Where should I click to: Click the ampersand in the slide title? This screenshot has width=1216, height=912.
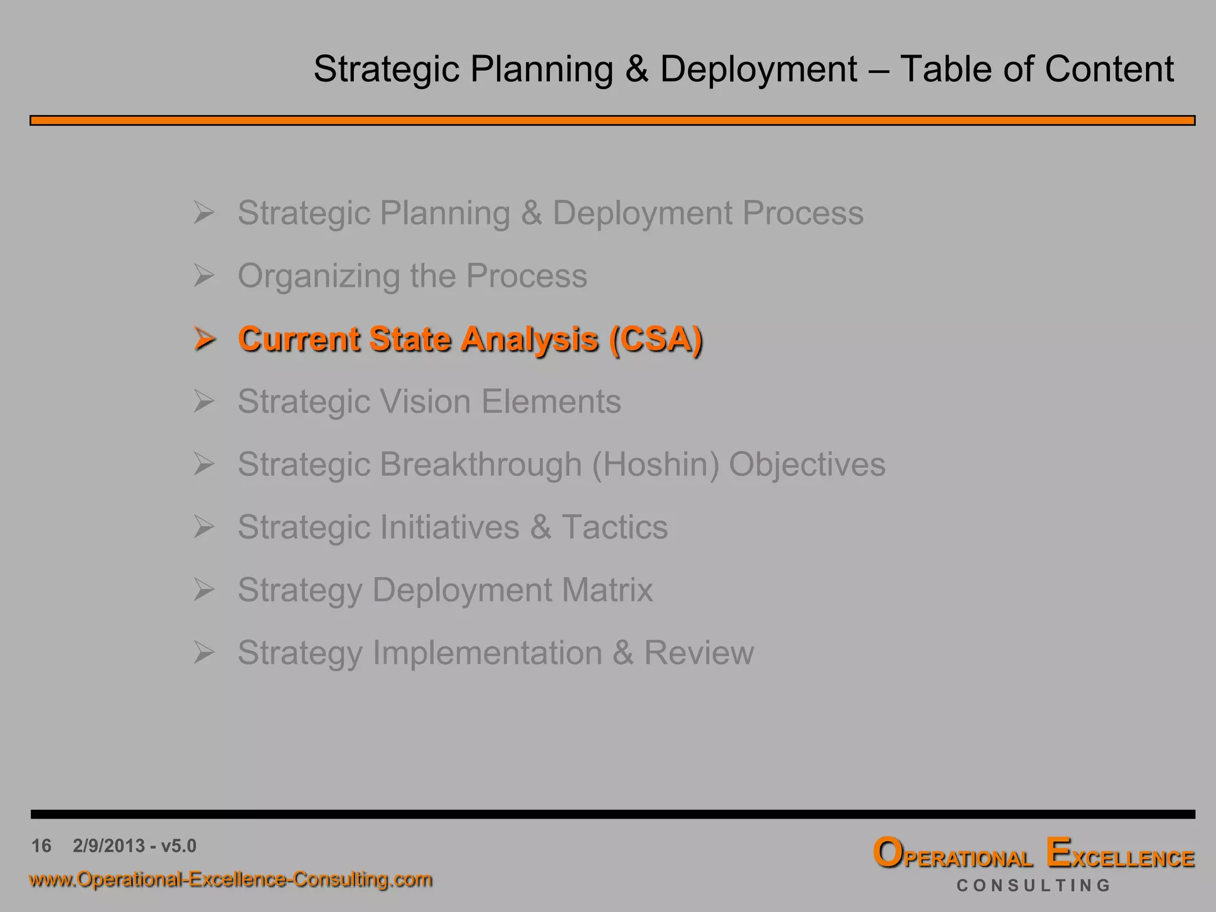coord(636,69)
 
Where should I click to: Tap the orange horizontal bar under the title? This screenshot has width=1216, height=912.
coord(612,121)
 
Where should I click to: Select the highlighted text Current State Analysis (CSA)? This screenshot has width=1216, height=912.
coord(470,339)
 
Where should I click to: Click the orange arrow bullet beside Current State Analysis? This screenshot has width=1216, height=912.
coord(204,339)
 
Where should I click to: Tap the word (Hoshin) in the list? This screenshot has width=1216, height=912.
coord(655,464)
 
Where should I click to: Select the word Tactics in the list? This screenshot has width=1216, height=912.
coord(615,527)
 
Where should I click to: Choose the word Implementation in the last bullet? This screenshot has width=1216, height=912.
coord(487,653)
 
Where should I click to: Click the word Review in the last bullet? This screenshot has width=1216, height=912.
coord(699,653)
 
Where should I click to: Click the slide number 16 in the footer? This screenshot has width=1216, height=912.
coord(42,845)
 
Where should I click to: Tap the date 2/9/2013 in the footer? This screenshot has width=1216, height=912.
coord(109,845)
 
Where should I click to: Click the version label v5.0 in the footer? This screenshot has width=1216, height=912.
coord(179,845)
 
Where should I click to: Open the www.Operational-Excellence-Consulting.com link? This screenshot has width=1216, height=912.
coord(230,879)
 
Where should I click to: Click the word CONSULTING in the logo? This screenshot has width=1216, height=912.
coord(1033,885)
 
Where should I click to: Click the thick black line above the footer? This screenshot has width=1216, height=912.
coord(612,814)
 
